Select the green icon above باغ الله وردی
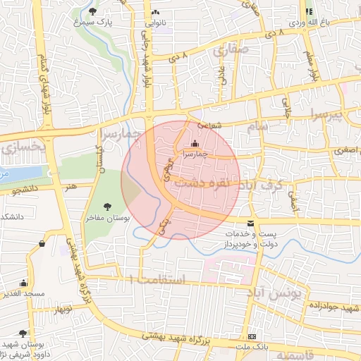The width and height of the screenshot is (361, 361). (309, 11)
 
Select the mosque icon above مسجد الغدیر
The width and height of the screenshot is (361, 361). (24, 282)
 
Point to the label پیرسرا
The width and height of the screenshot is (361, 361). (327, 113)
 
